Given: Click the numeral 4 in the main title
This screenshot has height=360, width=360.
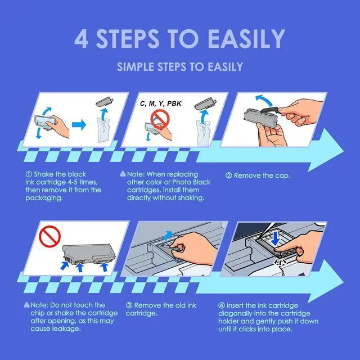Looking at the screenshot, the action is point(81,39).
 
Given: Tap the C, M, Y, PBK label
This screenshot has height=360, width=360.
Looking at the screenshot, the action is point(161,103).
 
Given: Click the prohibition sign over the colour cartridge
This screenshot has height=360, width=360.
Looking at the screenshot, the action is point(160,119).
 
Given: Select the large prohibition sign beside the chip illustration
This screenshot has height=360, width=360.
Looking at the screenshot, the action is point(50,236).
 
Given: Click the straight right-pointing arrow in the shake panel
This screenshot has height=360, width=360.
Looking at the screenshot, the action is point(79,125).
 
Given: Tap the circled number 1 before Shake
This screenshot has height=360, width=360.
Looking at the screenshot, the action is point(29,174).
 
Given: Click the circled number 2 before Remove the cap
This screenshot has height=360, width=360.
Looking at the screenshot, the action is point(229,175).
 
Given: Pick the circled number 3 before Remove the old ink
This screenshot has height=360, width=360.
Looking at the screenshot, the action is point(129,305).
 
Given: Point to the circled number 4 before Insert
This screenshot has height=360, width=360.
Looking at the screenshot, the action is point(222,305).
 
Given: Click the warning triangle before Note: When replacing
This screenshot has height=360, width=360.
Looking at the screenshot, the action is point(123,174).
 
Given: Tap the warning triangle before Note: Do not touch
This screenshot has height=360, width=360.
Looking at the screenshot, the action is point(27,305).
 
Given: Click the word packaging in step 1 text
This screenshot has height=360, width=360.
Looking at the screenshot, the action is point(44,198).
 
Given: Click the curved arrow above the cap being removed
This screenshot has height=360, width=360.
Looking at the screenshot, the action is point(264,100).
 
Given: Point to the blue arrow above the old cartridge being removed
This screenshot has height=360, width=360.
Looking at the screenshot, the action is point(169,235).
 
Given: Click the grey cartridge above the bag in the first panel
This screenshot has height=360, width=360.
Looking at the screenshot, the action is point(105,101).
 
